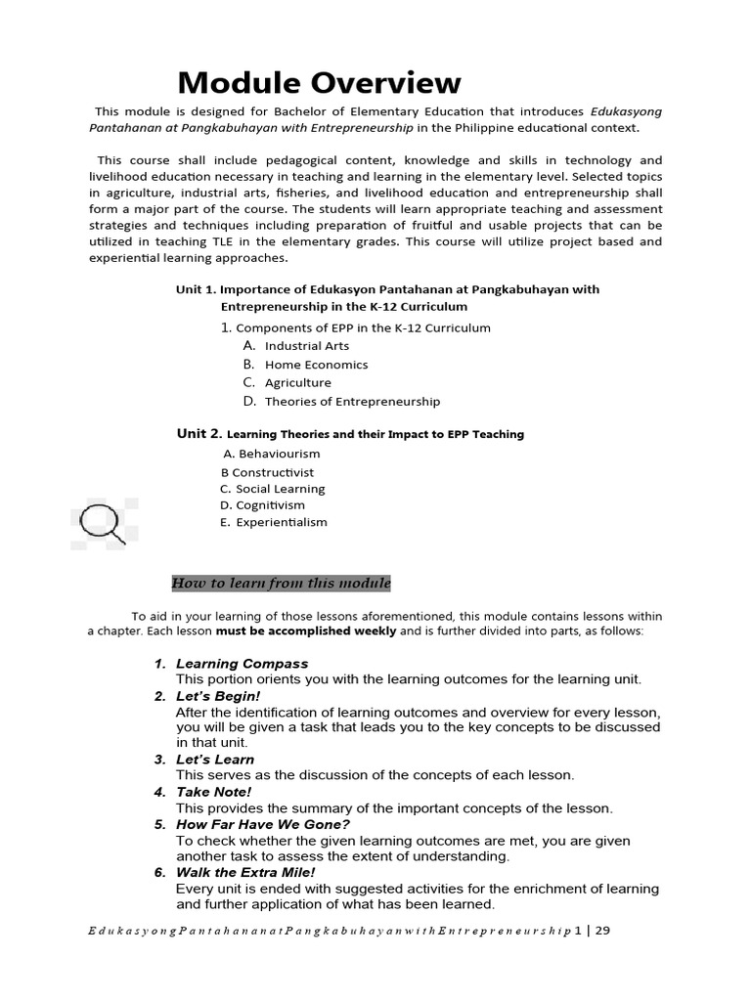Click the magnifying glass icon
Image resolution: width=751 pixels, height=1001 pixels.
[102, 522]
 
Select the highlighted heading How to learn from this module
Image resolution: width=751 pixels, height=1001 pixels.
[282, 584]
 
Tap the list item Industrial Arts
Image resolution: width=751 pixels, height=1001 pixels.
[306, 346]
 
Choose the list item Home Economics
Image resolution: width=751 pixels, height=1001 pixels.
[316, 365]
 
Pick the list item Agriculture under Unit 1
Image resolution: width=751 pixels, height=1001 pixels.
[297, 383]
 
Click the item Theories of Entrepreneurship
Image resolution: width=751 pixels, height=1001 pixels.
[352, 402]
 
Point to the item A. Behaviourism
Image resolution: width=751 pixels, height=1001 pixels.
[271, 454]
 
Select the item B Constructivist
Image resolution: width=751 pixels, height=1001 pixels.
[267, 472]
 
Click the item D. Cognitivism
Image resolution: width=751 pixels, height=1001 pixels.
[262, 505]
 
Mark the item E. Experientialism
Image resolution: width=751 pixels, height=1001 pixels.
[274, 522]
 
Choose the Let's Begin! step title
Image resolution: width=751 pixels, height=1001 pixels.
[218, 696]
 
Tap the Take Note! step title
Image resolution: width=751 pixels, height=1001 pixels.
[213, 792]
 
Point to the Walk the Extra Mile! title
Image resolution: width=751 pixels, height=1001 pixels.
[245, 872]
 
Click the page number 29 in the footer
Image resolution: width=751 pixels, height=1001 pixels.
[601, 931]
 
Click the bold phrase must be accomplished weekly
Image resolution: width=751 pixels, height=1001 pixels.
[320, 631]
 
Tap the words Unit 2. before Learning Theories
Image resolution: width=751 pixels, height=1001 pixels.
[199, 433]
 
